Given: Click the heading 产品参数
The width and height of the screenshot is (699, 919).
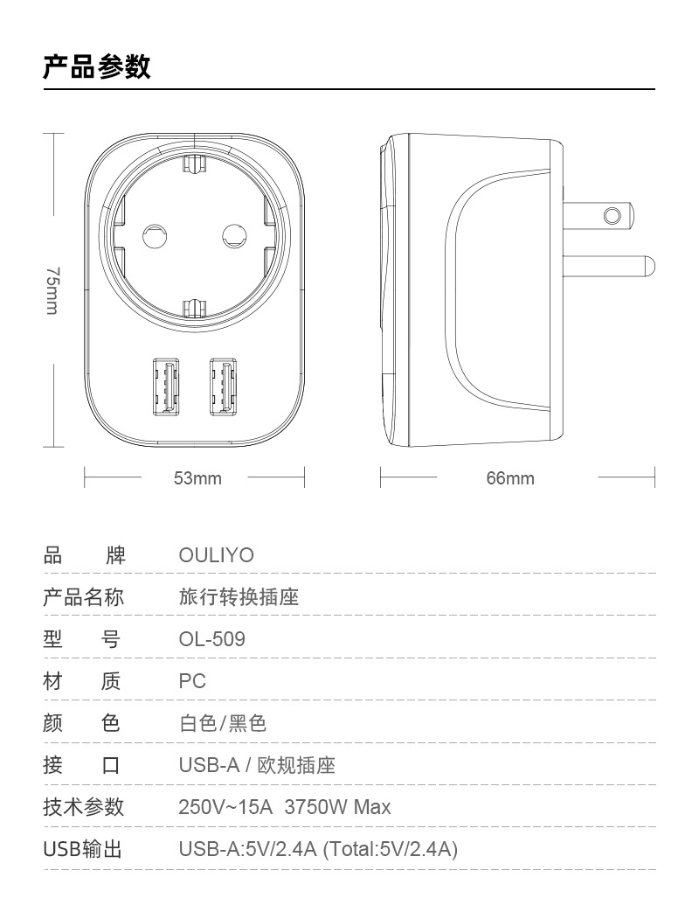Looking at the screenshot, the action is point(96,66).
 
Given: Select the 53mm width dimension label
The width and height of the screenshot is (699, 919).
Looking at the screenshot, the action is point(197,478).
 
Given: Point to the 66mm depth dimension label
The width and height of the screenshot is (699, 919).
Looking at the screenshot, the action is point(510,478).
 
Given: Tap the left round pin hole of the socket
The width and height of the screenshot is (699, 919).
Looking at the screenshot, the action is point(154,233).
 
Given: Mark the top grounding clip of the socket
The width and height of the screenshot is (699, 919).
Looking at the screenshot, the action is point(194,164).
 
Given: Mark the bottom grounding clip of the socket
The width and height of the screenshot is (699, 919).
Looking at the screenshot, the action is point(194,306).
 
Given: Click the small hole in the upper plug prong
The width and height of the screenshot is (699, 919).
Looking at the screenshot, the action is point(612,214).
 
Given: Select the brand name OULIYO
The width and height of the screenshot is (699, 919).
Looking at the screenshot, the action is point(216,556).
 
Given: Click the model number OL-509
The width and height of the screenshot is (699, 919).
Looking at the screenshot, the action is point(211,639).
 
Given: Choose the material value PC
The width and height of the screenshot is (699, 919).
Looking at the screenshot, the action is point(192,681).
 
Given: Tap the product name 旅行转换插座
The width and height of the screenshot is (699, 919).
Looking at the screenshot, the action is point(239,598).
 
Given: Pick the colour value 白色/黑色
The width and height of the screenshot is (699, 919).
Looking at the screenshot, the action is point(222,723).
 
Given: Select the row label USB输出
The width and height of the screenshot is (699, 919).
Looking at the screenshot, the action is point(84,849).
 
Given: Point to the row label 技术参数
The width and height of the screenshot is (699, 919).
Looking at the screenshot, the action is point(84,807).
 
